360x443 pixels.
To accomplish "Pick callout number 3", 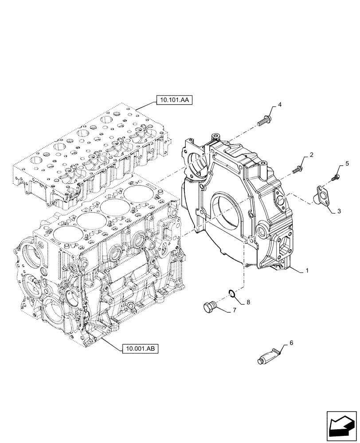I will [x=339, y=212].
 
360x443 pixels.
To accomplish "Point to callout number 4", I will [x=280, y=105].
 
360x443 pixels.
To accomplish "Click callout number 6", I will [x=291, y=343].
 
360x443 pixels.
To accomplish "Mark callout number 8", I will [x=248, y=302].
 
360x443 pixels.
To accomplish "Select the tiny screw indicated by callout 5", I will [x=335, y=178].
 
